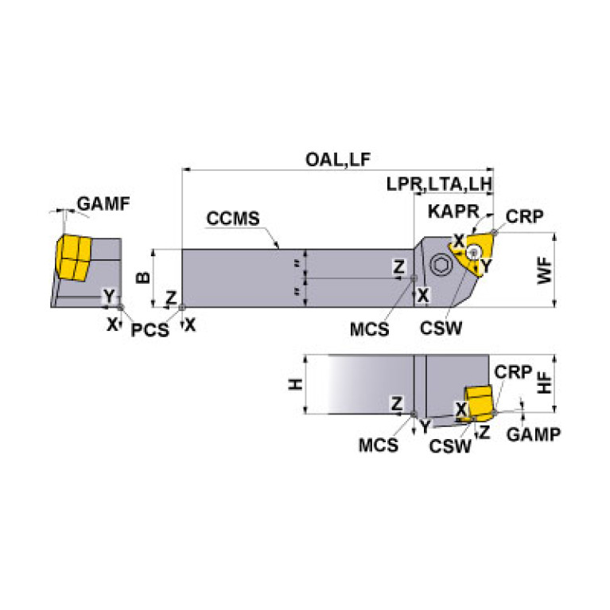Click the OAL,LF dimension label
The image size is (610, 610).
tap(338, 160)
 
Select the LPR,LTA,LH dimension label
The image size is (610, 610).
tap(440, 184)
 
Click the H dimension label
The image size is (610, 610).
tap(296, 384)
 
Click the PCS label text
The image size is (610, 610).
tap(150, 329)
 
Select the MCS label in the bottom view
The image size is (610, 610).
tap(378, 445)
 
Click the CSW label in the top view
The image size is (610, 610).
tap(444, 328)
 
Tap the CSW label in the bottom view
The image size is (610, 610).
tap(450, 446)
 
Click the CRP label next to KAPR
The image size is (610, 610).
tap(523, 216)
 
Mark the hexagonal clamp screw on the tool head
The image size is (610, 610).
tap(438, 263)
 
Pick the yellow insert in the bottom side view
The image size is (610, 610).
tap(480, 402)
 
